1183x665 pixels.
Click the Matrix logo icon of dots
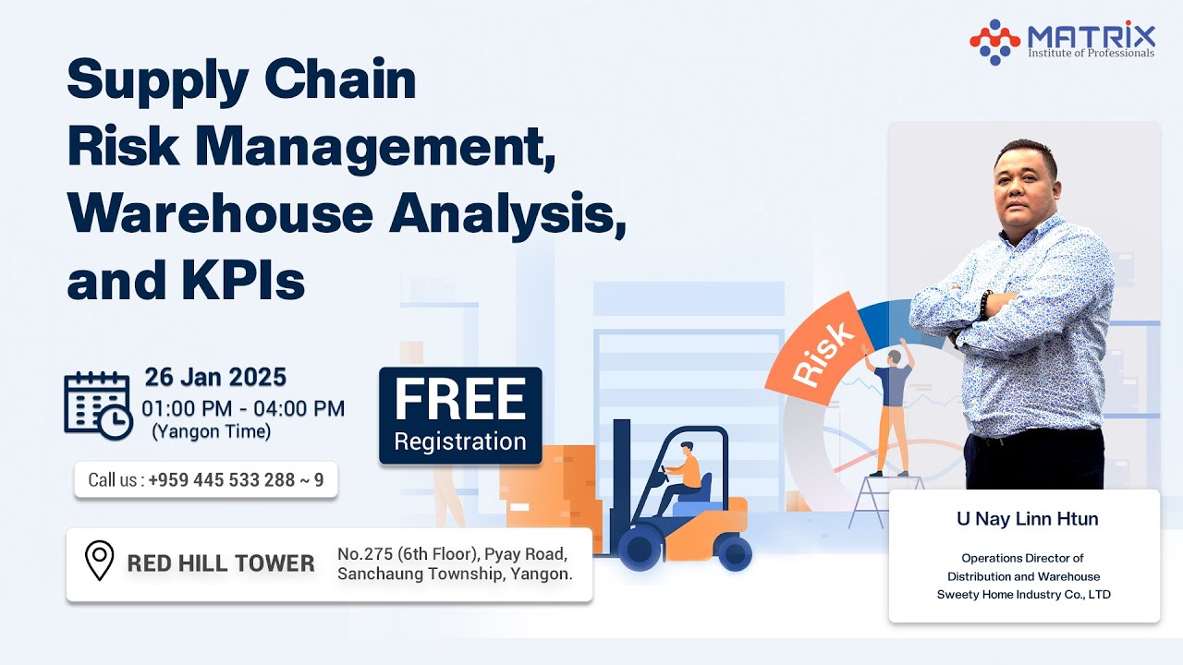(994, 42)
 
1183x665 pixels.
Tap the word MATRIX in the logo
(1091, 36)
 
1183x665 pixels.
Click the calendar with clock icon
(98, 405)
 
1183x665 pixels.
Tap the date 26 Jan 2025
(215, 378)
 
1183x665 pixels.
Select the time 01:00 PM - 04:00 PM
(243, 408)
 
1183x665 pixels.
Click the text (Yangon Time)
(211, 431)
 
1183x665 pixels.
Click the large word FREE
(460, 401)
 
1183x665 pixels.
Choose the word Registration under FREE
(460, 441)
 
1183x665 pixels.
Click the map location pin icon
(99, 561)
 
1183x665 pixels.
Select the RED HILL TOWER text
(221, 563)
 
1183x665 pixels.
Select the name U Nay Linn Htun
(1027, 519)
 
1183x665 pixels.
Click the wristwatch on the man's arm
(985, 305)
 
